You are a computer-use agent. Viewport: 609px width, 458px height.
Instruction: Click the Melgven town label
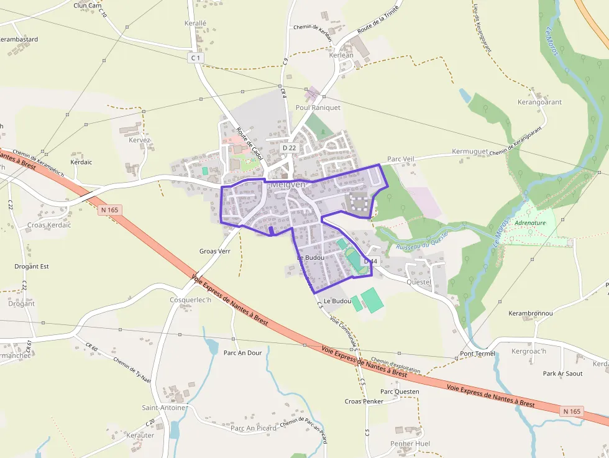click(x=288, y=185)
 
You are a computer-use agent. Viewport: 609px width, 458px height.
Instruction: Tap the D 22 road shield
click(x=289, y=148)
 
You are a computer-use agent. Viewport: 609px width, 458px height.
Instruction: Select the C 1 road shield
click(x=196, y=58)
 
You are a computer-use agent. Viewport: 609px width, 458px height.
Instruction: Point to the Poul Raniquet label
click(x=318, y=108)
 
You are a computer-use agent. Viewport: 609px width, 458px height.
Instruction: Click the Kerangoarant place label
click(x=539, y=102)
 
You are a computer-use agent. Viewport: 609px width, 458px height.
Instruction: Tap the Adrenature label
click(x=529, y=222)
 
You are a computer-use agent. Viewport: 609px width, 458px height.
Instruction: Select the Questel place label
click(x=418, y=282)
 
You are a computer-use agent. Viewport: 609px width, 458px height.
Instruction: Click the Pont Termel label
click(x=477, y=354)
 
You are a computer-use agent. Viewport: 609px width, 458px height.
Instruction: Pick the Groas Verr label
click(x=215, y=252)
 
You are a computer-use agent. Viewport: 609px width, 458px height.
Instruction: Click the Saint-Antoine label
click(x=164, y=408)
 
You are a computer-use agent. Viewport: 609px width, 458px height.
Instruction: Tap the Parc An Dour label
click(x=242, y=352)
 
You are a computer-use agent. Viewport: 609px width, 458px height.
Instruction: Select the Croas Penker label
click(x=364, y=401)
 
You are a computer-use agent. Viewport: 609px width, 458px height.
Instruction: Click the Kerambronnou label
click(x=530, y=313)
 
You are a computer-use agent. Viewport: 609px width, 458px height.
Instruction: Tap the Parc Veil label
click(x=400, y=159)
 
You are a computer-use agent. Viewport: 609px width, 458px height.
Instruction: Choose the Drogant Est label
click(x=32, y=266)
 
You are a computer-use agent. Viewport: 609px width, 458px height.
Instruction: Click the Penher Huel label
click(x=410, y=444)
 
